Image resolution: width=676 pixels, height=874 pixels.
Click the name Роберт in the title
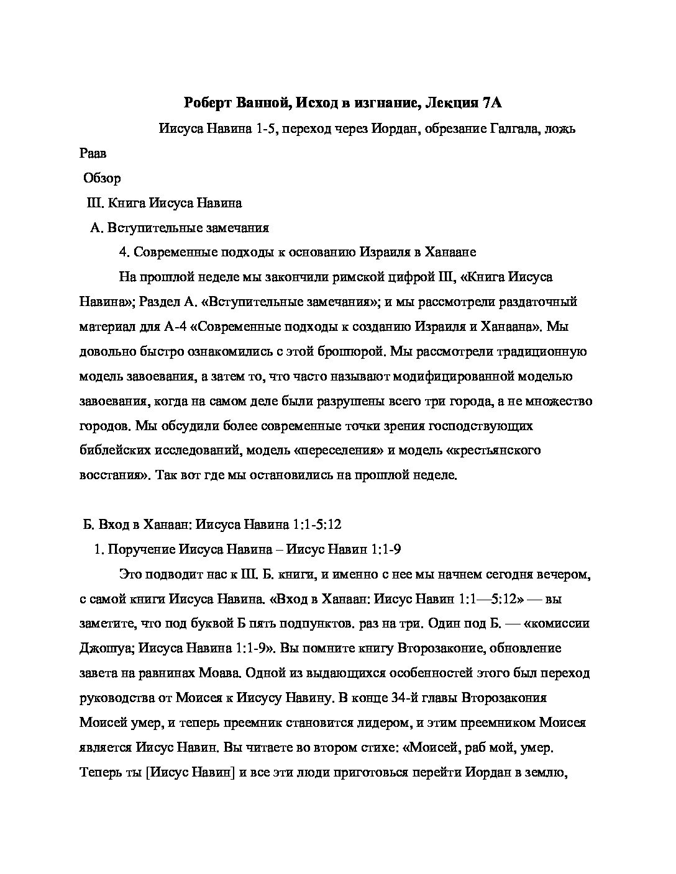(x=207, y=102)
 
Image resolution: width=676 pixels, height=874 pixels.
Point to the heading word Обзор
(x=103, y=178)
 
